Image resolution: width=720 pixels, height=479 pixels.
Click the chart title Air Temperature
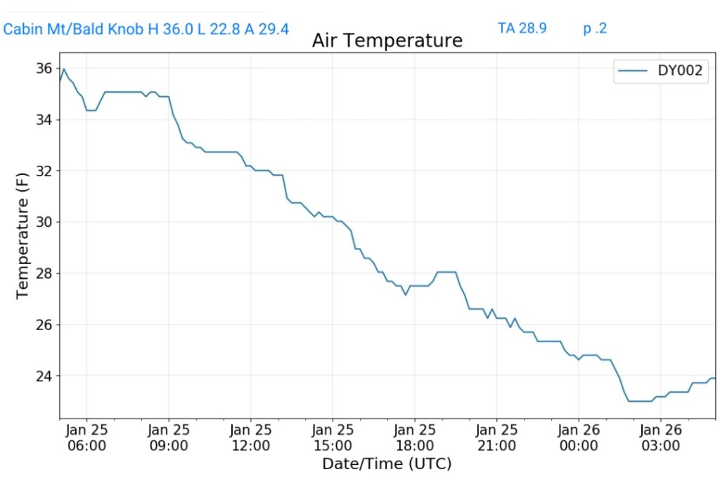pos(387,41)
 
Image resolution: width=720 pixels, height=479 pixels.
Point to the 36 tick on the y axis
pos(44,69)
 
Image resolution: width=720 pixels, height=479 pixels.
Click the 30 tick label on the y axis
pos(44,222)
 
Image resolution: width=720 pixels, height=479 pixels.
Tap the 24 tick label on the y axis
pos(44,376)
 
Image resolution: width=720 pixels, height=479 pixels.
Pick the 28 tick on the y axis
pos(44,273)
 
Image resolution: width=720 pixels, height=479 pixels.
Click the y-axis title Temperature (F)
pos(22,235)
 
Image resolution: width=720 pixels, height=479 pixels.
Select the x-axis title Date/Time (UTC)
pos(387,464)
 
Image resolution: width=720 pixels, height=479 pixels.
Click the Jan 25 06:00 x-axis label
pos(86,437)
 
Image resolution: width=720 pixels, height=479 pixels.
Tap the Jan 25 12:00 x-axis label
pos(250,437)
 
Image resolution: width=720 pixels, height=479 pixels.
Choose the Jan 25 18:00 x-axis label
pos(414,437)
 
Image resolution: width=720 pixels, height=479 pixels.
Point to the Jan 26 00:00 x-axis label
pos(578,437)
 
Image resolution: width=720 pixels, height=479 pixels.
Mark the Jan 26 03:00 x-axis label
pos(660,437)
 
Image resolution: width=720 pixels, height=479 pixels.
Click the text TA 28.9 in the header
pos(522,29)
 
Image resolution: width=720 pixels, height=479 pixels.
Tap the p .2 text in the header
pos(595,29)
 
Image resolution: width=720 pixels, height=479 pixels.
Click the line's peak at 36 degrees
pos(64,69)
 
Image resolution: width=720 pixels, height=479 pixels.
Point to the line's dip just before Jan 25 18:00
pos(406,294)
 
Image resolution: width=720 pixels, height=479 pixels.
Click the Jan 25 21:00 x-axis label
pos(496,437)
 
